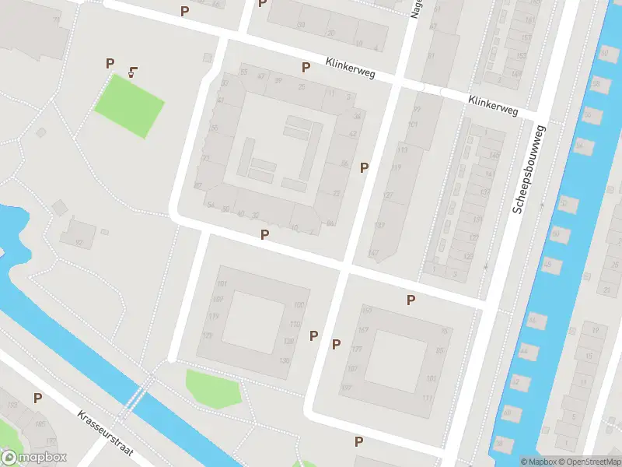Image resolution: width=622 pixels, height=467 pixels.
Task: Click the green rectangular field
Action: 129,105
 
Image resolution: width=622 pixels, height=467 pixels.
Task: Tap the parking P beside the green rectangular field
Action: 110,63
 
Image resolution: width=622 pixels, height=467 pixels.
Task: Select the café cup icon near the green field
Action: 134,72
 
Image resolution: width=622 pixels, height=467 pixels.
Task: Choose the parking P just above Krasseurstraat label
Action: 37,398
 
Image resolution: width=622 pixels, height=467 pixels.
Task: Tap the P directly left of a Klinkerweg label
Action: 306,68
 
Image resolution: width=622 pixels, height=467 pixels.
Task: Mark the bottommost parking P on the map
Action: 358,441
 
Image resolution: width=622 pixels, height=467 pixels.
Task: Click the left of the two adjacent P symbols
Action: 314,335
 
